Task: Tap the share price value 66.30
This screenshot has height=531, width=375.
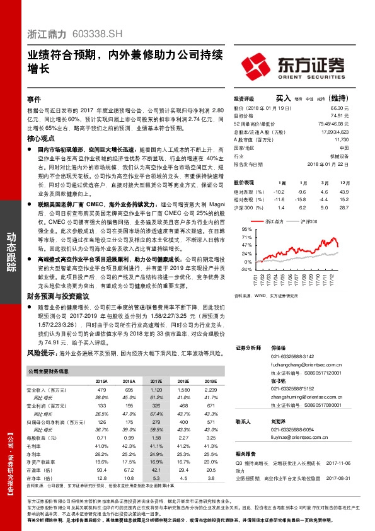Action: point(340,108)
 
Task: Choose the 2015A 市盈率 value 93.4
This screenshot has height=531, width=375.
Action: point(101,469)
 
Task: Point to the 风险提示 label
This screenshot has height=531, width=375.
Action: point(43,354)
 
